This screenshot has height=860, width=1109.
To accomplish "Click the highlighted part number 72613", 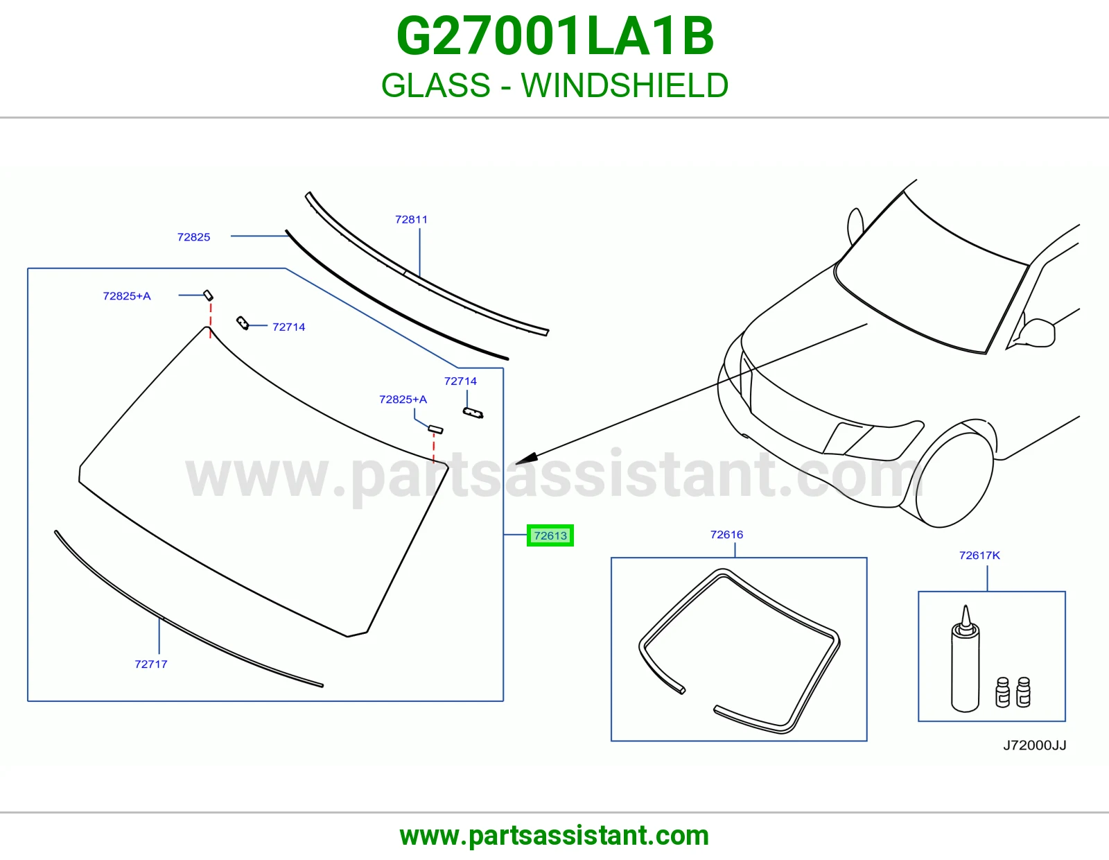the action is click(x=550, y=535).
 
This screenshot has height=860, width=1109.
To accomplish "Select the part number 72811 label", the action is click(x=411, y=220).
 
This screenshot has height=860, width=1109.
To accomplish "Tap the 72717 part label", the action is click(x=151, y=664).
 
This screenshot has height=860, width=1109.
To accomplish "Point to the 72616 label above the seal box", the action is click(x=727, y=535).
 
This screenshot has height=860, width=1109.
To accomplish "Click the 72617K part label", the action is click(x=979, y=555).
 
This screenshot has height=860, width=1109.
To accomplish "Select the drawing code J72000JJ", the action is click(x=1034, y=745).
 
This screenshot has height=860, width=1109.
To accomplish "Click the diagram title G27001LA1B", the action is click(x=554, y=36).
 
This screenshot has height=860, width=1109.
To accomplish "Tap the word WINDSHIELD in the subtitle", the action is click(x=625, y=85).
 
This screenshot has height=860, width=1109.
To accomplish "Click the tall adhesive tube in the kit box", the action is click(x=965, y=659).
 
